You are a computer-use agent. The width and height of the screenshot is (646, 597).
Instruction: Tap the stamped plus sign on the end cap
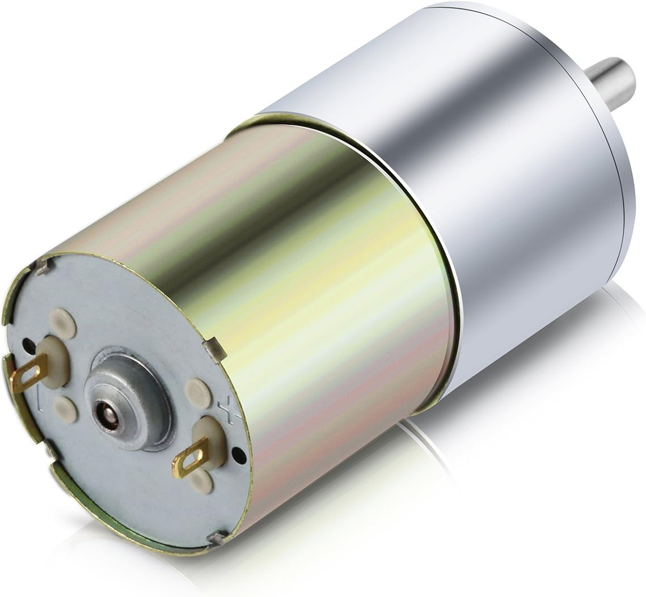coord(226,410)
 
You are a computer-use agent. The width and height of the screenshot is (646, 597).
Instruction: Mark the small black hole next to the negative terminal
coord(27,344)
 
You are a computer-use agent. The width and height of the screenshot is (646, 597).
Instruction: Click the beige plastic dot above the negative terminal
coord(62,323)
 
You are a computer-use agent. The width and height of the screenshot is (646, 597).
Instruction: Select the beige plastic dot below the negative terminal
coord(65,408)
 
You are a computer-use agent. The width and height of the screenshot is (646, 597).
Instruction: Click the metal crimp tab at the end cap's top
coord(43,265)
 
